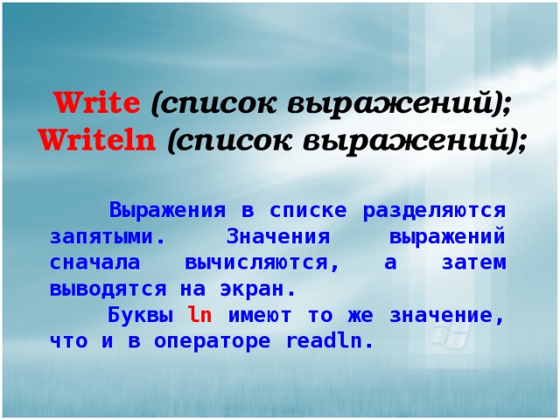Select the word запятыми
[x=106, y=237]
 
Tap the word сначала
[x=91, y=262]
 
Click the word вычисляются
[x=256, y=262]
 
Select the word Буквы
[x=136, y=315]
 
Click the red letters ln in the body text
[x=199, y=315]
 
